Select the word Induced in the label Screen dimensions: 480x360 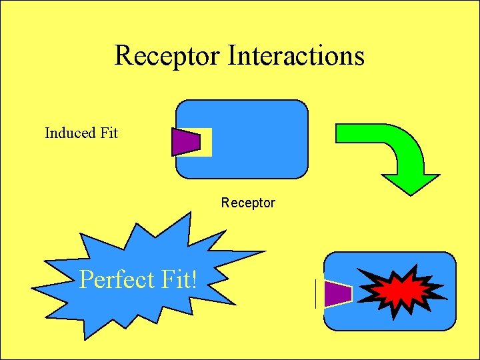(70, 133)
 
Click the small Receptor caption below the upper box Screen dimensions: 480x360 (248, 203)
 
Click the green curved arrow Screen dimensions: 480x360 (400, 150)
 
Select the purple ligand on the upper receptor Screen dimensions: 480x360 (185, 141)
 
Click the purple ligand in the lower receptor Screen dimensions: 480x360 (337, 294)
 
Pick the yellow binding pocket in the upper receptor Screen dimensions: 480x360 (206, 142)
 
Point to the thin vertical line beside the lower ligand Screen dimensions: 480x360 (315, 294)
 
